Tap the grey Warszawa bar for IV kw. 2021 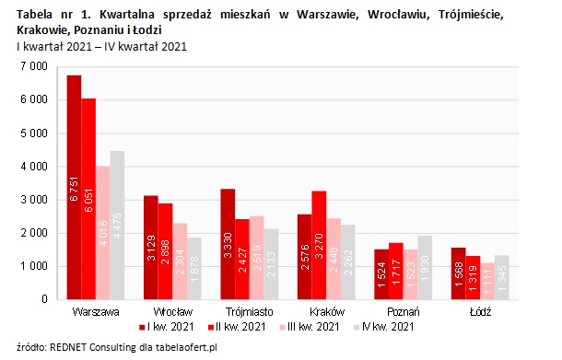point(117,225)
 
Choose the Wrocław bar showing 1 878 point(194,268)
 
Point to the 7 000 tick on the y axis point(33,67)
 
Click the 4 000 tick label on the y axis point(33,167)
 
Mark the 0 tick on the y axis point(43,299)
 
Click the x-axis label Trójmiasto point(249,312)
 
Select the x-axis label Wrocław point(174,312)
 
